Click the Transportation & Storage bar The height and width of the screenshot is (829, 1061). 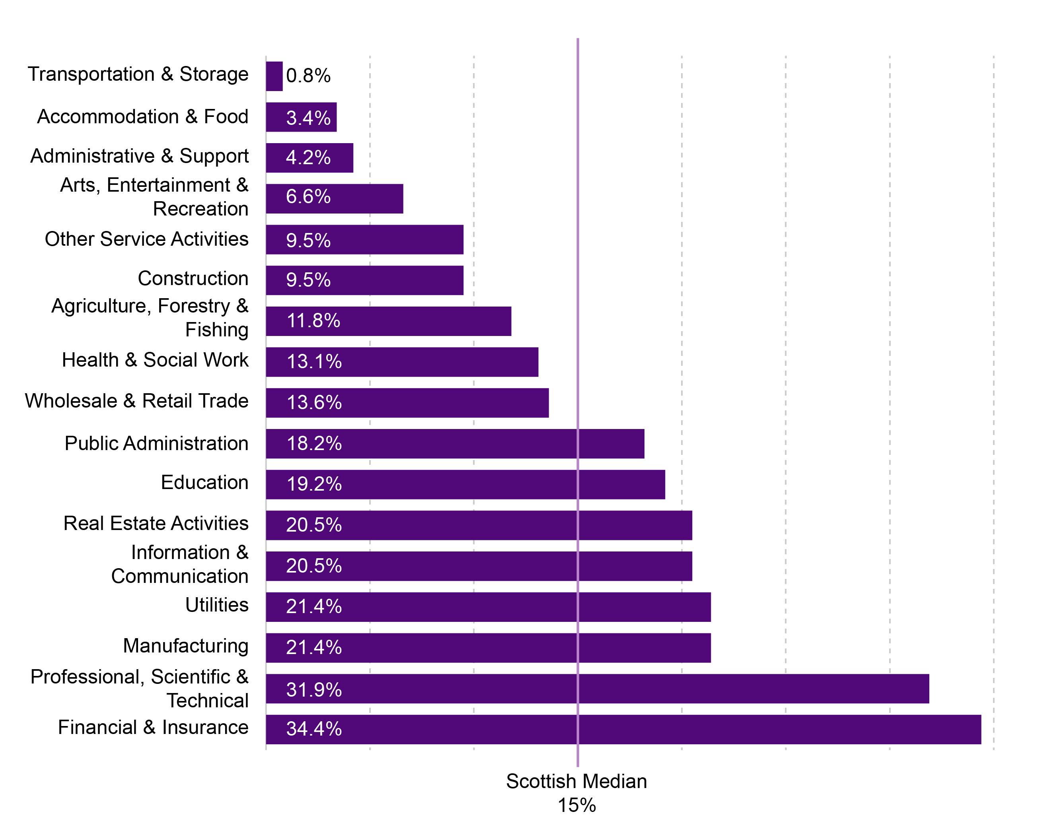coord(274,76)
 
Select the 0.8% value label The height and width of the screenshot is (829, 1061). coord(308,76)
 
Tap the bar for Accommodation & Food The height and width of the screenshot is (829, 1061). coord(301,117)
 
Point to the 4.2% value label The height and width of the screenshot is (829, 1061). coord(308,157)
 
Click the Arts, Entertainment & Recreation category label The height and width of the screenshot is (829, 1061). coord(154,197)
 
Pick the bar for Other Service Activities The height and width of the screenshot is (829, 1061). coord(364,239)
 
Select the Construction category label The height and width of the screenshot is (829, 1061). coord(193,278)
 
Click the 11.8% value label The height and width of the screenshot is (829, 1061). coord(313,320)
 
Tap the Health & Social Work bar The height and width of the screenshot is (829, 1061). coord(402,362)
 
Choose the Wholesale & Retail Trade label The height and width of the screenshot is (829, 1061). coord(136,401)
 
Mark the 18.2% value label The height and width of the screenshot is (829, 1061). coord(314,443)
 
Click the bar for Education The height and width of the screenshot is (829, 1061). coord(465,484)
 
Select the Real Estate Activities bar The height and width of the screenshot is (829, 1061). coord(479,525)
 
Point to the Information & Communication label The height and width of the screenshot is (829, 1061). coord(180,564)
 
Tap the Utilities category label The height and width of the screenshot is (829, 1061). coord(217,605)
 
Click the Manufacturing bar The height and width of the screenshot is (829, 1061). coord(488,647)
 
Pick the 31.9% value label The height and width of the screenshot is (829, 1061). coord(314,689)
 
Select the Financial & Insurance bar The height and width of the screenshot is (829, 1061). coord(623,729)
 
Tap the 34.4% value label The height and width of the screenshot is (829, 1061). coord(314,728)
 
